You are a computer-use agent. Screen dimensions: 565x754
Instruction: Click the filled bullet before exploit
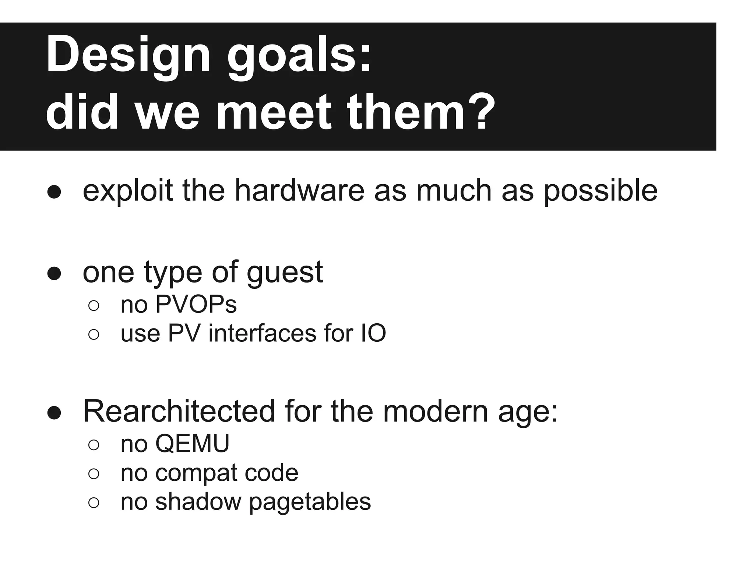54,192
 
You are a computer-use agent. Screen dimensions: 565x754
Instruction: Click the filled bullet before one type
54,273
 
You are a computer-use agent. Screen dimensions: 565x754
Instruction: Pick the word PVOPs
196,305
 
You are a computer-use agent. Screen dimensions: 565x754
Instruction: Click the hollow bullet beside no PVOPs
94,306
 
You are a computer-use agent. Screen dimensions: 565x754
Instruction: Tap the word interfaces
263,333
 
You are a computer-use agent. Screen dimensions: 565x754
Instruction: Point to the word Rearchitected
179,411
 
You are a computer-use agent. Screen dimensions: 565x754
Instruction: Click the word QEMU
192,444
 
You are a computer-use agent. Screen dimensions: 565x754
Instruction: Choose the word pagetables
310,502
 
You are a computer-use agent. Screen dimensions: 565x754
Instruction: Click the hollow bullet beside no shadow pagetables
94,502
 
